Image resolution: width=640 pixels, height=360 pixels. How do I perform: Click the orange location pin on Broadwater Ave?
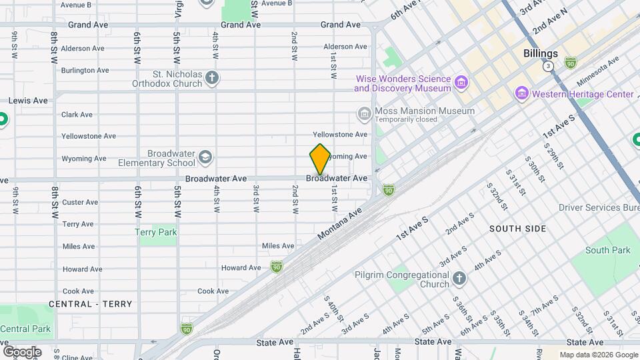tap(320, 159)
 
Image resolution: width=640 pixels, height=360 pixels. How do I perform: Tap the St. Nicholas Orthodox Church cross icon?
tap(212, 79)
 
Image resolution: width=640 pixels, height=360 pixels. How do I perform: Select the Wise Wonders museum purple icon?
tap(461, 83)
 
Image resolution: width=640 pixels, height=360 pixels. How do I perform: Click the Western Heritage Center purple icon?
tap(521, 95)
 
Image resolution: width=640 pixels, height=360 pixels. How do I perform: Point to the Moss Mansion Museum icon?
tap(364, 114)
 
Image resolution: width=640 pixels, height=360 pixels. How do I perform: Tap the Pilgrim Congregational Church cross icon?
tap(459, 279)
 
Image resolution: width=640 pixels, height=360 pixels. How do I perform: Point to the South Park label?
tap(607, 251)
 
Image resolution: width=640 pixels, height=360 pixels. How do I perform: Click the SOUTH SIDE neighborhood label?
tap(517, 229)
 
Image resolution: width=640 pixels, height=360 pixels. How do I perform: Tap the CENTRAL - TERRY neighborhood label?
tap(90, 304)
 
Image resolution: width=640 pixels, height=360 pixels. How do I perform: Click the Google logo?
tap(21, 351)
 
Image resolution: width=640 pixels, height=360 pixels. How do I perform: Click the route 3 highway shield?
tap(548, 67)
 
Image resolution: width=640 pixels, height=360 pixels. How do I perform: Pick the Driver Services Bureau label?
tap(598, 207)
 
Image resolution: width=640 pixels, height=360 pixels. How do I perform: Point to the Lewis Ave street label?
tap(28, 101)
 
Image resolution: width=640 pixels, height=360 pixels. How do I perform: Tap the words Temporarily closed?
tap(405, 120)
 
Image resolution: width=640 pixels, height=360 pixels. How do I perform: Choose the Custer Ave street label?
tap(80, 203)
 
